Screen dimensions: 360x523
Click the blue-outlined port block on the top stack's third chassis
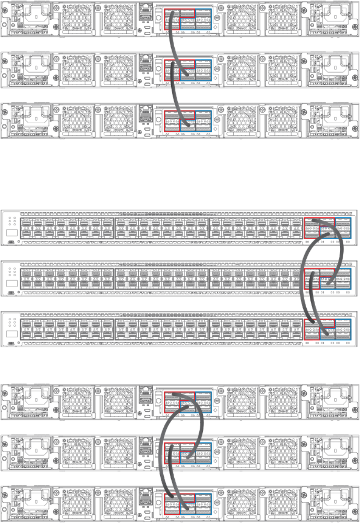pyautogui.click(x=203, y=120)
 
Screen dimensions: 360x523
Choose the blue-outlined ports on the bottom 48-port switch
pyautogui.click(x=342, y=329)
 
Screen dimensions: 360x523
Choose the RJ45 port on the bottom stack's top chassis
pyautogui.click(x=144, y=394)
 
